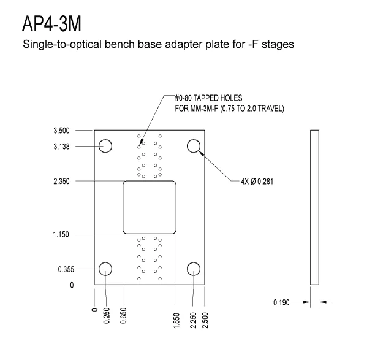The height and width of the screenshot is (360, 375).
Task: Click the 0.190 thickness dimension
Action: click(281, 302)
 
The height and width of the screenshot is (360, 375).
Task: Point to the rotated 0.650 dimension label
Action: click(123, 315)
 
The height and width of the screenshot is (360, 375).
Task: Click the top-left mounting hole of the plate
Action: click(105, 146)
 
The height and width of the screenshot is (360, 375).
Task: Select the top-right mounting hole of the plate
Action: click(194, 146)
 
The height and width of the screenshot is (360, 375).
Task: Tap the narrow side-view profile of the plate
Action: click(315, 207)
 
